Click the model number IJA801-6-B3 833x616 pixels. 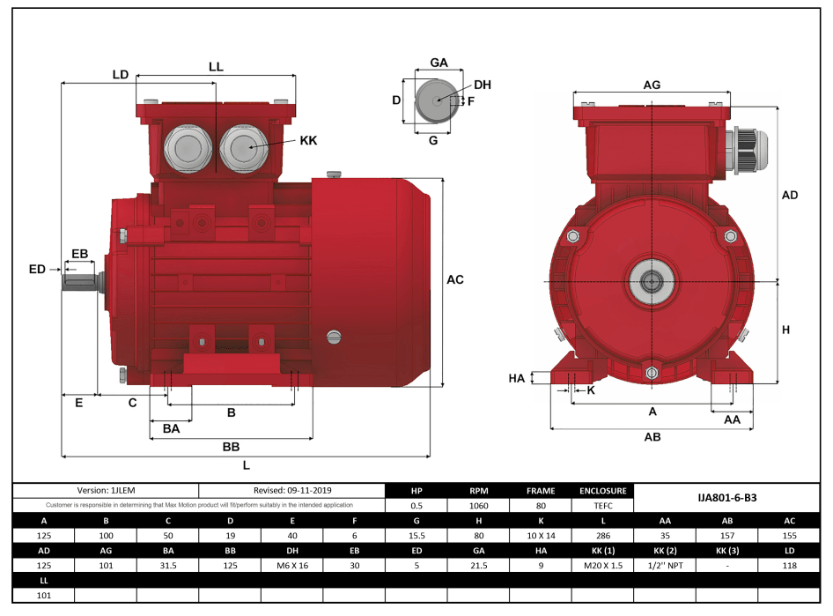(x=726, y=498)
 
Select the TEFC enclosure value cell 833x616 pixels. (x=602, y=506)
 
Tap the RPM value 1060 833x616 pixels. (x=478, y=506)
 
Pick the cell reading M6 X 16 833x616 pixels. (x=291, y=565)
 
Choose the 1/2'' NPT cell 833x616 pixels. (x=665, y=565)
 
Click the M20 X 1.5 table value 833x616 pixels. (x=602, y=565)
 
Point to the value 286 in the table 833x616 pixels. (x=602, y=536)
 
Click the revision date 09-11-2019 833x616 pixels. (x=291, y=490)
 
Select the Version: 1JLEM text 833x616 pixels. (x=107, y=490)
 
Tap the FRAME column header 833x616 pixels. (x=541, y=491)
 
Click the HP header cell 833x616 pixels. (x=416, y=491)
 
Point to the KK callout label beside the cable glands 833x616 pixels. (x=308, y=140)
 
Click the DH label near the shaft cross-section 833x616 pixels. (x=482, y=85)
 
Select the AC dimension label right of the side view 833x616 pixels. (x=454, y=279)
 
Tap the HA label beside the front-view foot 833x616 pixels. (x=517, y=378)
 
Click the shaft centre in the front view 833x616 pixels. (x=651, y=282)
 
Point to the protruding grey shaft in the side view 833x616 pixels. (x=79, y=281)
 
